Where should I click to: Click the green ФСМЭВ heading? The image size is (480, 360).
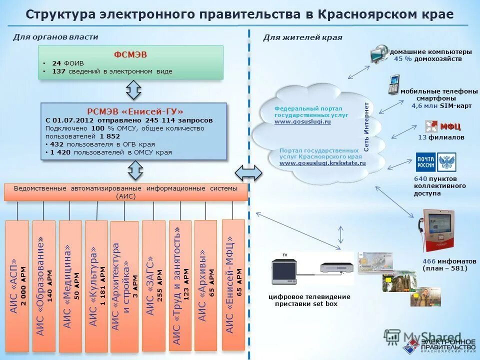pos(130,54)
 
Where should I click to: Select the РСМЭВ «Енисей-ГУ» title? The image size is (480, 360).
pos(135,111)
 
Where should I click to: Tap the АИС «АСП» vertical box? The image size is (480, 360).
pos(16,285)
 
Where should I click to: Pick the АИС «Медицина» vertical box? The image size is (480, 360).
pos(70,285)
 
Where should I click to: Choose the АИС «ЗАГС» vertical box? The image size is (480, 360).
pos(153,285)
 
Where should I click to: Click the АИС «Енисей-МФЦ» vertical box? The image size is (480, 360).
pos(233,285)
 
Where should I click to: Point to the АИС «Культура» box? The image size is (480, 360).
pos(96,285)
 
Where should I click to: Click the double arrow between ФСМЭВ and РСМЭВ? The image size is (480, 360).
pos(133,90)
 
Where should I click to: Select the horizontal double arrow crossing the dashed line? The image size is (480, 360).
pos(248,173)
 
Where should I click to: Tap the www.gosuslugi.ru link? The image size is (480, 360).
pos(302,121)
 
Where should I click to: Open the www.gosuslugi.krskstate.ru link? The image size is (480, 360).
pos(322,163)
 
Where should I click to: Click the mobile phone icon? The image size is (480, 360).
pos(394,84)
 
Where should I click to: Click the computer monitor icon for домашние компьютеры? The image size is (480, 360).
pos(379,54)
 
